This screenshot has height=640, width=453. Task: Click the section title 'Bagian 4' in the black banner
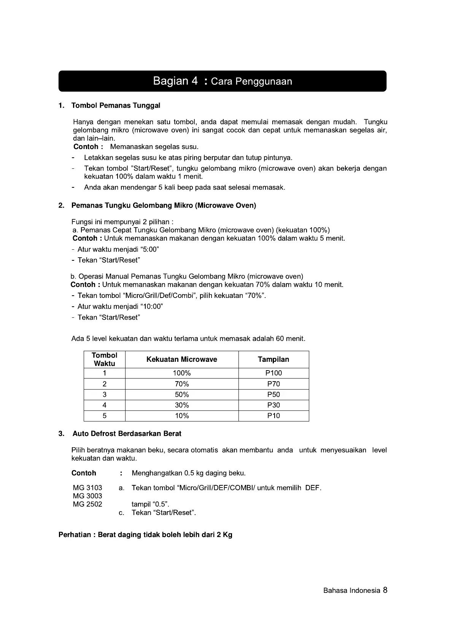click(175, 81)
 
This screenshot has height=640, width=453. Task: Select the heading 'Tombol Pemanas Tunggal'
click(116, 105)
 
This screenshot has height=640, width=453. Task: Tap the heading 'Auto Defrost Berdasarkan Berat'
click(127, 434)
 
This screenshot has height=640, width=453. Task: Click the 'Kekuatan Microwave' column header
click(181, 360)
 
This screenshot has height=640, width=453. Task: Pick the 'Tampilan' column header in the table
click(273, 360)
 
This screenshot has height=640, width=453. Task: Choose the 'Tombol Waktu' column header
click(104, 360)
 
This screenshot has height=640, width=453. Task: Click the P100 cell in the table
click(273, 373)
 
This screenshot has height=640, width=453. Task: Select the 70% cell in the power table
click(181, 384)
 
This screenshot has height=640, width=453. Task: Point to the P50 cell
click(273, 394)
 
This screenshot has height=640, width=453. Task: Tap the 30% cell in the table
click(181, 405)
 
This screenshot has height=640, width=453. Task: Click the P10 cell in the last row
click(273, 416)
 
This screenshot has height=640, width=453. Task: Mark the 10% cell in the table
click(181, 416)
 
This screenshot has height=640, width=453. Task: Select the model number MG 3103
click(87, 488)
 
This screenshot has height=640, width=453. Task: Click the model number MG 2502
click(87, 504)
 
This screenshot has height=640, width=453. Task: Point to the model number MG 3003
click(87, 496)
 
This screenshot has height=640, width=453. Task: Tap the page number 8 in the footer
click(385, 590)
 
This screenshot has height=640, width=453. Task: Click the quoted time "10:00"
click(152, 307)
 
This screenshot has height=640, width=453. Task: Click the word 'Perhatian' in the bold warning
click(75, 535)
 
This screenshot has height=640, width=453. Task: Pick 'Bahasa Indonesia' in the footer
click(351, 591)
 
